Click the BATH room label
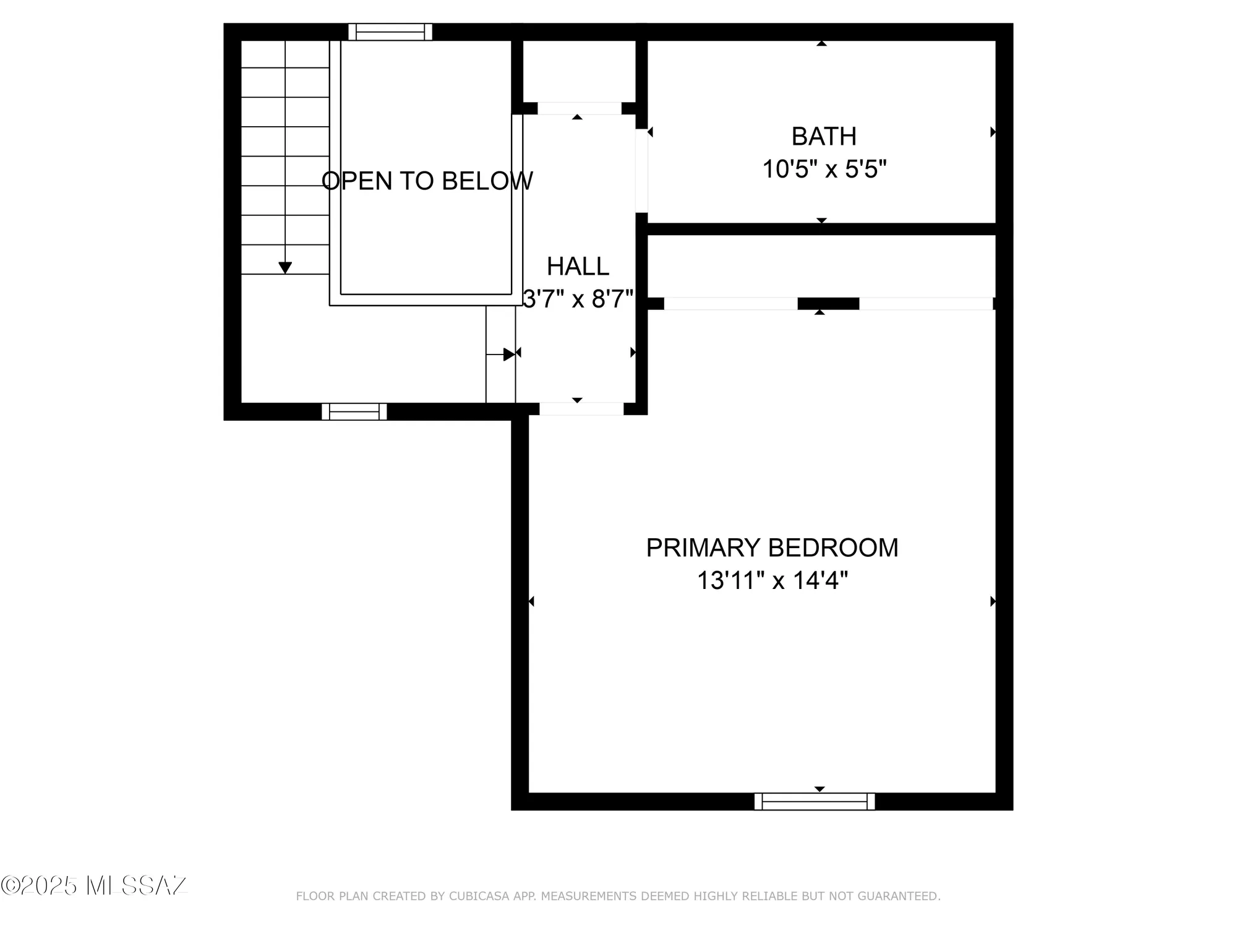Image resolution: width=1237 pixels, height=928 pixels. (824, 137)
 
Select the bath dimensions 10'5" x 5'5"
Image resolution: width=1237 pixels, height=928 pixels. (824, 169)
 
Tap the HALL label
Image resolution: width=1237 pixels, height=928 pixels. (578, 267)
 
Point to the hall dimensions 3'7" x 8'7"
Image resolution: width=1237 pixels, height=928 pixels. (578, 299)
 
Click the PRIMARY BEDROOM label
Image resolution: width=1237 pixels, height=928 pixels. (772, 548)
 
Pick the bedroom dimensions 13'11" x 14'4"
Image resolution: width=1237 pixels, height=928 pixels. (772, 581)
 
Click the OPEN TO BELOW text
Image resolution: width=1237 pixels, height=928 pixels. (427, 181)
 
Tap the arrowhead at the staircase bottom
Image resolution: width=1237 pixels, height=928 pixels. (285, 268)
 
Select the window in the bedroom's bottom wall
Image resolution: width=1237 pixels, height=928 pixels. (815, 802)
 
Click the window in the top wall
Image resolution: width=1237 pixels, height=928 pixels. (390, 32)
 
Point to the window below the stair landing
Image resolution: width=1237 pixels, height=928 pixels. (354, 411)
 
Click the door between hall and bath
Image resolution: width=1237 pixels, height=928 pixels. (641, 171)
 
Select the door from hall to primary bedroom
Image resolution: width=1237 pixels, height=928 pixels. (581, 409)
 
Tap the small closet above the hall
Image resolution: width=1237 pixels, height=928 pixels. (579, 71)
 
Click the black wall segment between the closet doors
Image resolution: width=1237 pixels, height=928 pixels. (828, 304)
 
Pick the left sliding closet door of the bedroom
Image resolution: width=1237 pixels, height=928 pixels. (730, 304)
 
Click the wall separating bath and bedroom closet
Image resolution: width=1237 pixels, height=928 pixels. (821, 229)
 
